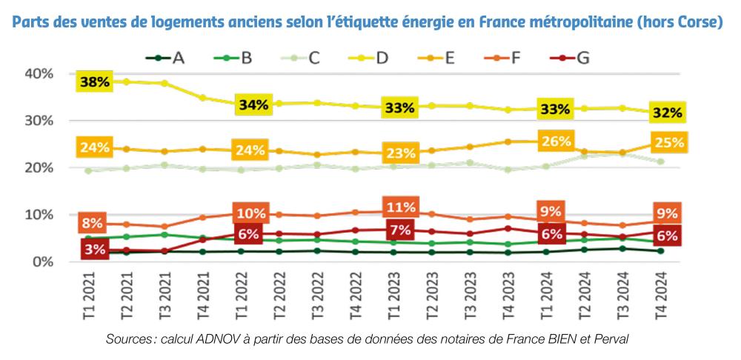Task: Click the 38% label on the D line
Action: (95, 81)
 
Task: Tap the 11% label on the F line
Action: (400, 206)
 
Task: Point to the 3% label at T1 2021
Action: (96, 250)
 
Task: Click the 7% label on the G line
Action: (400, 230)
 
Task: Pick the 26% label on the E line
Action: (556, 141)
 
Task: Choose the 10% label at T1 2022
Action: (251, 213)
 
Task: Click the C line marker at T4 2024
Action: (660, 161)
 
